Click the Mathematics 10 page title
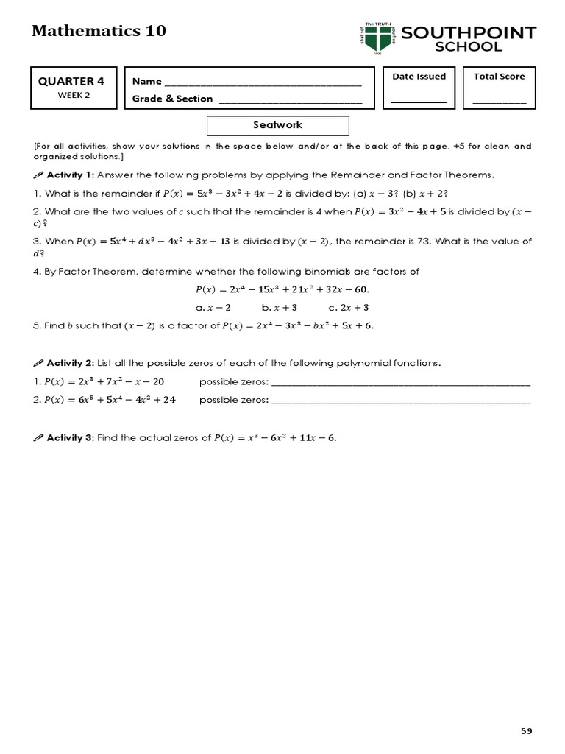tap(99, 31)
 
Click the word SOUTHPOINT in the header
tap(469, 33)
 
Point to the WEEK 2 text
tap(73, 95)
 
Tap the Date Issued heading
tap(419, 77)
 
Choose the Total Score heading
tap(499, 77)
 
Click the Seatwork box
tap(277, 125)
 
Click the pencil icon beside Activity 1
tap(39, 175)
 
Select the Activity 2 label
tap(70, 363)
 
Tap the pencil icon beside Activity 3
tap(39, 438)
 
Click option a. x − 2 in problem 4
tap(214, 307)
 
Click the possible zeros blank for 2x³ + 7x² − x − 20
tap(401, 384)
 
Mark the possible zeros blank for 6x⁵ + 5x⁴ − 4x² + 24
tap(401, 402)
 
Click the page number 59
tap(525, 730)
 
